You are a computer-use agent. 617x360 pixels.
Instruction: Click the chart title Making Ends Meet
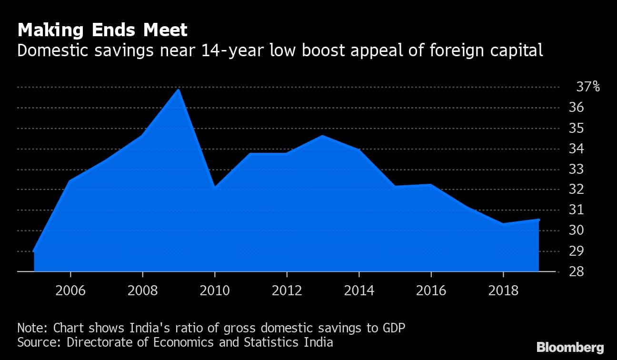click(102, 30)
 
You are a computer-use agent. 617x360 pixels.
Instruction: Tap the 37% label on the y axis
click(588, 87)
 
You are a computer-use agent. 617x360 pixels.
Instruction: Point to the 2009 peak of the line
click(179, 90)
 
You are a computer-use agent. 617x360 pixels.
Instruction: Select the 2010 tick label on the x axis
click(215, 290)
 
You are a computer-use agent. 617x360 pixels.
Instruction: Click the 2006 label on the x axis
click(70, 290)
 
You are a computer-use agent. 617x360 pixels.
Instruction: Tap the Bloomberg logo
click(570, 347)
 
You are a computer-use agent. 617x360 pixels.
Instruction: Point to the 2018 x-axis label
click(503, 290)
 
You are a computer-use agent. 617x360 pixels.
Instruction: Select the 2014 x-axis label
click(359, 290)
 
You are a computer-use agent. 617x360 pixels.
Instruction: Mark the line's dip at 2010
click(215, 188)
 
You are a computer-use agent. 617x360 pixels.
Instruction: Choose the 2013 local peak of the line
click(323, 136)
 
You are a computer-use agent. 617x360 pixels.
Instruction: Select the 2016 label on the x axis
click(431, 290)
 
